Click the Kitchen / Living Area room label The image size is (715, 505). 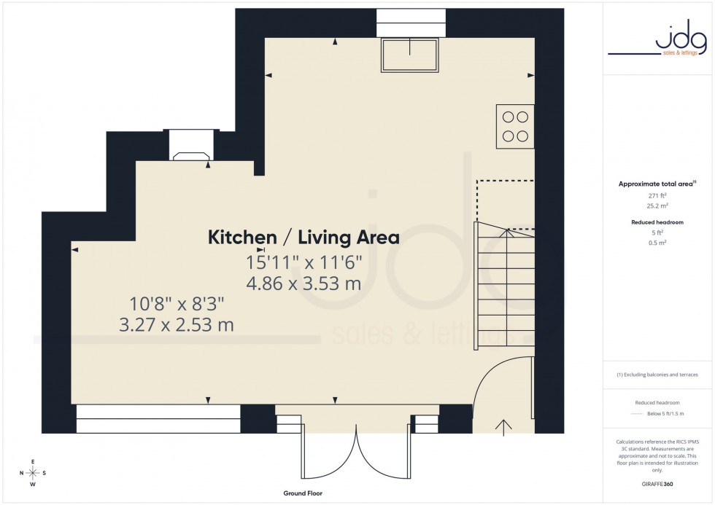304,237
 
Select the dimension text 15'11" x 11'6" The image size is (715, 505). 304,261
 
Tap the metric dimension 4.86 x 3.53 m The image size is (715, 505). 304,283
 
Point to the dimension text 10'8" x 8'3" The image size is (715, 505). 177,302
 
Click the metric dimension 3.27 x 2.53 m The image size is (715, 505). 177,324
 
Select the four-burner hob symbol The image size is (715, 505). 515,126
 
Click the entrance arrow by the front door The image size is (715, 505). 503,426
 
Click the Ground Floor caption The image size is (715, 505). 303,493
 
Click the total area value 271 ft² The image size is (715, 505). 657,196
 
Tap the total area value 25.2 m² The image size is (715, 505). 657,206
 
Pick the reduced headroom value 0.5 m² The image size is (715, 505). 657,242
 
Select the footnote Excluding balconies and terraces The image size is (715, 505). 657,375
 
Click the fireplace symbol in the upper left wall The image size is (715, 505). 191,154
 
